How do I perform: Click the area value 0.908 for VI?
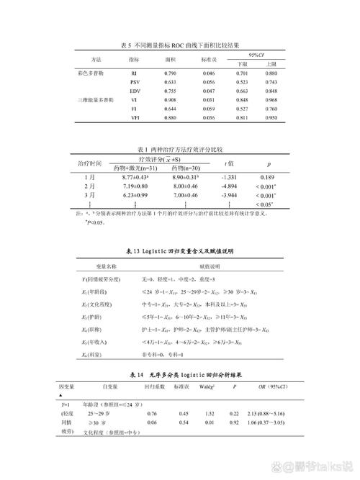170,100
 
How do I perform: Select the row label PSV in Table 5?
135,83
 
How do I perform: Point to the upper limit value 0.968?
271,100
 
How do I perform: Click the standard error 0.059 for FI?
209,109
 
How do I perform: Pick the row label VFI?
135,117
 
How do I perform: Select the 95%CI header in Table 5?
256,54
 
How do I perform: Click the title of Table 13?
180,251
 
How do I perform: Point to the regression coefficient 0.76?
152,414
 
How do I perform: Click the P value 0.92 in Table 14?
234,422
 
